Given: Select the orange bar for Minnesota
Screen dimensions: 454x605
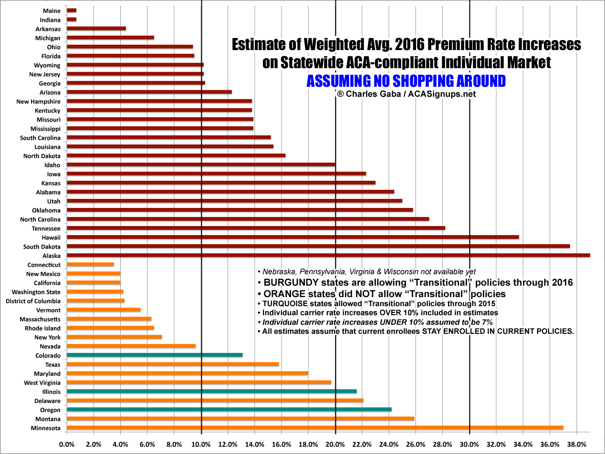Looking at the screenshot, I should click(x=315, y=428).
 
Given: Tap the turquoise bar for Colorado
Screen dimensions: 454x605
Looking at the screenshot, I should click(x=155, y=355).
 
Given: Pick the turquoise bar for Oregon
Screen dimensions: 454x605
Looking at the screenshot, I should click(x=229, y=410).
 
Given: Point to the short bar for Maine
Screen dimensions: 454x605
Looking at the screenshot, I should click(x=72, y=10).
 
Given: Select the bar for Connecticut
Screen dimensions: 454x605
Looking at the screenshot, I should click(x=90, y=264).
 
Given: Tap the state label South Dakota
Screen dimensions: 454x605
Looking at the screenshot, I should click(x=42, y=247).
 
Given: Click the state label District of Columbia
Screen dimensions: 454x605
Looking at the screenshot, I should click(x=33, y=301).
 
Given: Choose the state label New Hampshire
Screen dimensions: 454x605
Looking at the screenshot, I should click(x=38, y=101).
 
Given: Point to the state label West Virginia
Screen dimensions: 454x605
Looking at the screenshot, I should click(x=42, y=382).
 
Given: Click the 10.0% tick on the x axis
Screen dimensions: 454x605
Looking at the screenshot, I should click(x=201, y=444).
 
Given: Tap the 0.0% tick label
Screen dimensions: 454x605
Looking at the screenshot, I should click(x=67, y=444).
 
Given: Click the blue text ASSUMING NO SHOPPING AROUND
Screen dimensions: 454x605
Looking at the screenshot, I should click(x=406, y=81).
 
